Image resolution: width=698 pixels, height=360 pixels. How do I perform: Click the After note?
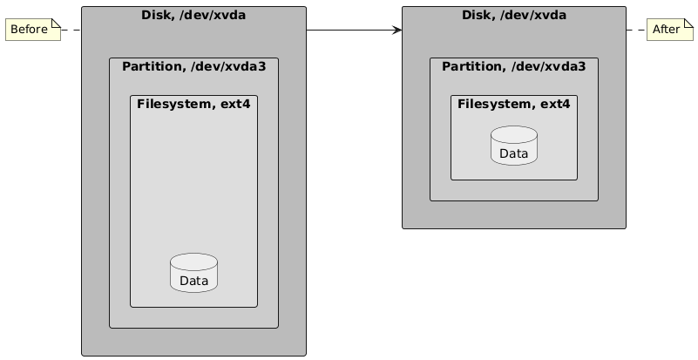668,30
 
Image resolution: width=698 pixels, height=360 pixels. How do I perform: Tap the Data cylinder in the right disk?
514,146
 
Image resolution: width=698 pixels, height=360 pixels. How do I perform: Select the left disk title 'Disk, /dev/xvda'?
193,15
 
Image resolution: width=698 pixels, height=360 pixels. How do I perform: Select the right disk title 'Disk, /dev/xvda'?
514,15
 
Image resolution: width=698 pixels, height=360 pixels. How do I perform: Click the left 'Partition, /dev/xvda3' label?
193,66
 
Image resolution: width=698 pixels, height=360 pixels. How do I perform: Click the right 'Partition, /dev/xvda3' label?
514,66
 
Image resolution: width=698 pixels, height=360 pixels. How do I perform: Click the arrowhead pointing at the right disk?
397,30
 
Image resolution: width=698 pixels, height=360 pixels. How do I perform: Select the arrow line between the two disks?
349,30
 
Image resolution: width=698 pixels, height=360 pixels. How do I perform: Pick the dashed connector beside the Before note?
70,30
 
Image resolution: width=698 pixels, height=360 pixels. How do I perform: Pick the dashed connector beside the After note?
637,30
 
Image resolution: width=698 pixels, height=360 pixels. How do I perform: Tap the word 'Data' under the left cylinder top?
193,281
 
